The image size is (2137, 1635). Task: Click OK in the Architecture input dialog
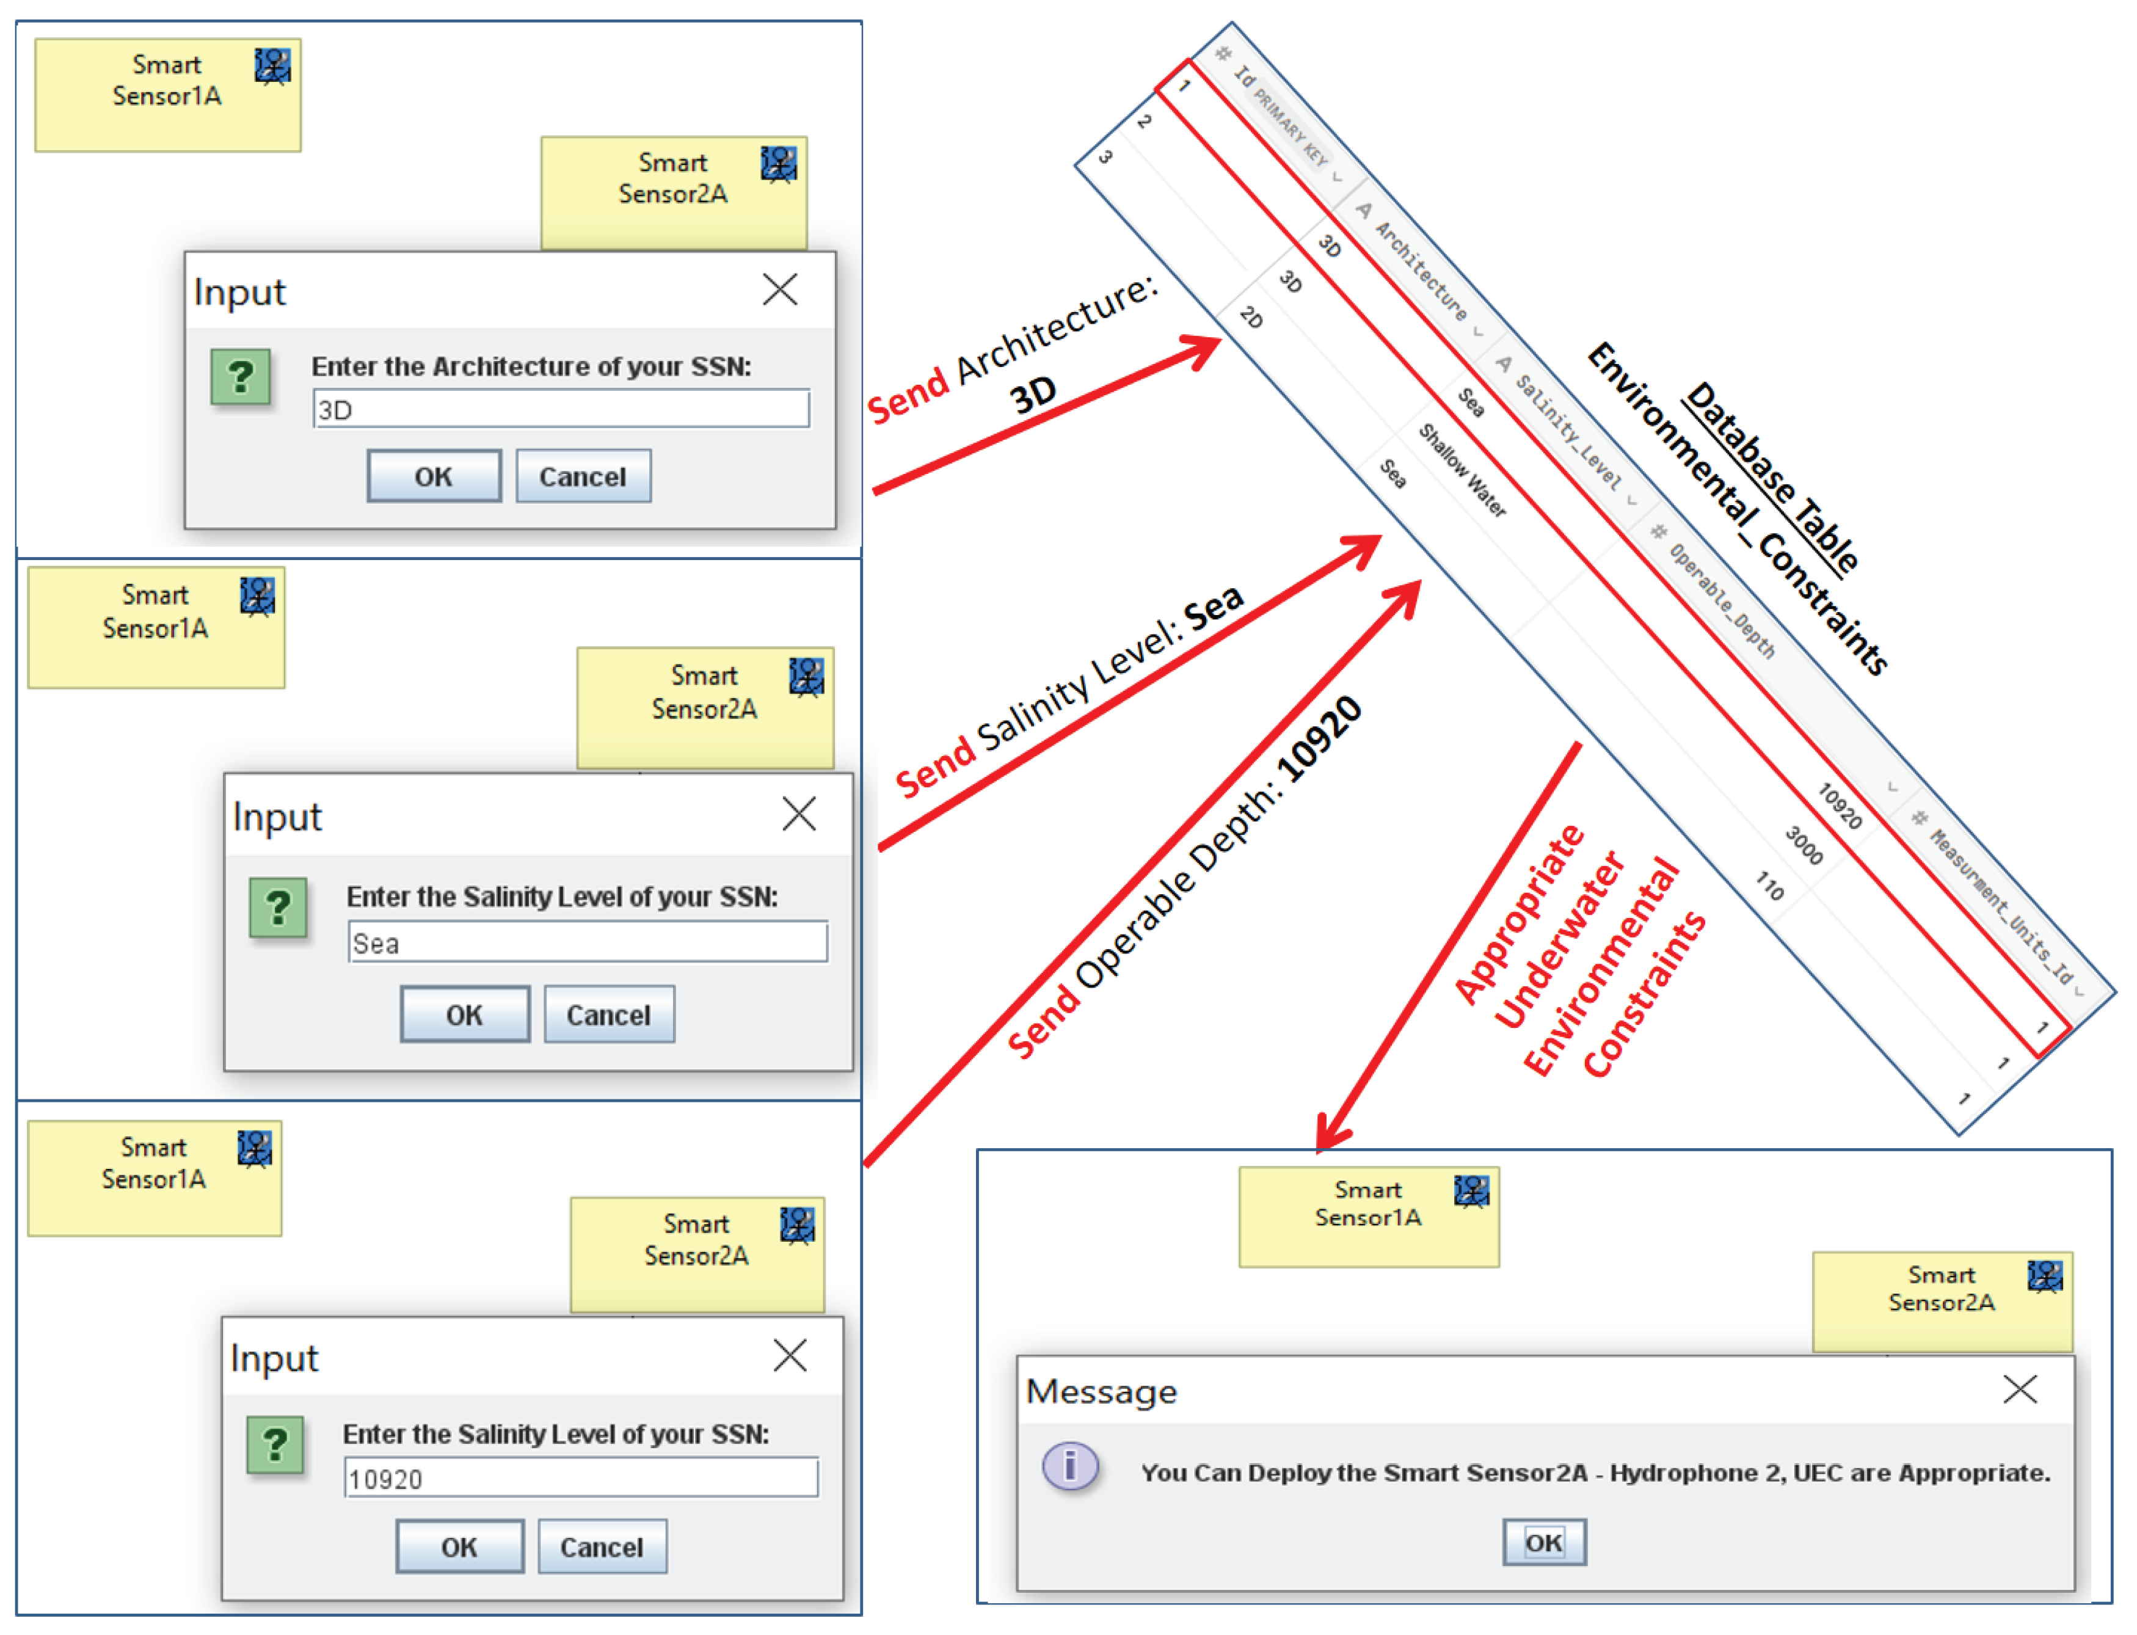click(434, 477)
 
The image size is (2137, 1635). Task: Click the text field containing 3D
click(561, 409)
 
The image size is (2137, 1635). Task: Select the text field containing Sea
click(588, 942)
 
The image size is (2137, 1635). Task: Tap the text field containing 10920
click(581, 1478)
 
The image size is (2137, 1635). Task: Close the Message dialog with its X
click(2020, 1389)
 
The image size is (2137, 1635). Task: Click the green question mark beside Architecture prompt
click(241, 377)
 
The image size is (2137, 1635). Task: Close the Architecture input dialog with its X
click(779, 289)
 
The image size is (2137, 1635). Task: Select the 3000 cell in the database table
click(1803, 845)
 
